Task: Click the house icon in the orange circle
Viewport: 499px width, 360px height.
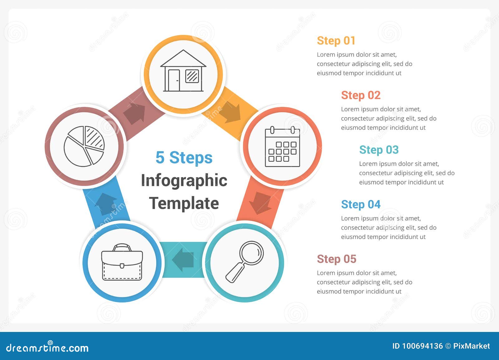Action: point(183,70)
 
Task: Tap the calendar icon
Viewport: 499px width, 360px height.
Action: point(282,146)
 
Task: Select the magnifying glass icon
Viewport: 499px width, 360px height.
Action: point(245,262)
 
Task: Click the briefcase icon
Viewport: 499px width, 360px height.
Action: point(122,262)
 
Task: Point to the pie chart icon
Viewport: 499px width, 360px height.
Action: point(84,146)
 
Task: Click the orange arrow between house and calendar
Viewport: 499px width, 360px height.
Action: point(230,112)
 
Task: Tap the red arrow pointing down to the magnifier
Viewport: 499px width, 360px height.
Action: point(260,203)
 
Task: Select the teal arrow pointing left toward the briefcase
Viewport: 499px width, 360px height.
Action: point(183,260)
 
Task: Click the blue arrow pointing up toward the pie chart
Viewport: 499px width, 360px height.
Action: point(105,204)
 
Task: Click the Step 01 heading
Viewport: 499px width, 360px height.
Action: point(336,41)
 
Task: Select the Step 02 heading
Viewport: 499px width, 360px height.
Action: point(361,95)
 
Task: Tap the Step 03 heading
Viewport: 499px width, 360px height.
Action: point(379,150)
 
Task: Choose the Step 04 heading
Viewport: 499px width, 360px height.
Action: point(361,204)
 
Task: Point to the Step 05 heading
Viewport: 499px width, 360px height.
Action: point(337,259)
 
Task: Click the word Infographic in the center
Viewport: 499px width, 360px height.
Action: point(184,180)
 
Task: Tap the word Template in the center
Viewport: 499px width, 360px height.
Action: point(184,203)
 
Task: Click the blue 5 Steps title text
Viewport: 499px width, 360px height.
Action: point(184,158)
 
